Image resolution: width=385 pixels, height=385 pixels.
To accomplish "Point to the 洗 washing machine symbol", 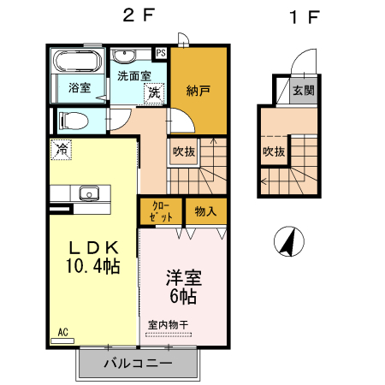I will (153, 92).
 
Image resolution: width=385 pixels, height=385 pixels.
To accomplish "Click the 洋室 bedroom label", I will (183, 278).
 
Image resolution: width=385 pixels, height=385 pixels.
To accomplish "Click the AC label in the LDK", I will (63, 331).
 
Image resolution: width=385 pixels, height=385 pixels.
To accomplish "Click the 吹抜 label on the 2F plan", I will (183, 151).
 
